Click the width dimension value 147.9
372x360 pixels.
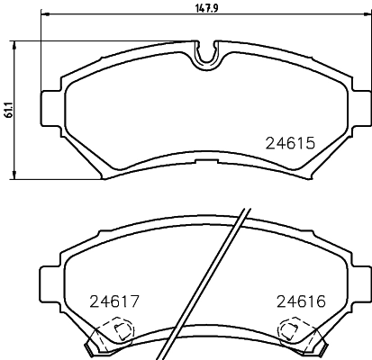(206, 8)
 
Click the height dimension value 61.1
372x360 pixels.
(9, 110)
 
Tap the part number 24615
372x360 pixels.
(290, 143)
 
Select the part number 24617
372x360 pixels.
(114, 301)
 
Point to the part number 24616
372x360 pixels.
(301, 301)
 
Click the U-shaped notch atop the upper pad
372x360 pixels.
(206, 55)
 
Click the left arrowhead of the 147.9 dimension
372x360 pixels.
(45, 13)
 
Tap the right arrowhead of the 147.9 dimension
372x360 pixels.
(367, 13)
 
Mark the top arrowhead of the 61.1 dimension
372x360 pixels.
(14, 46)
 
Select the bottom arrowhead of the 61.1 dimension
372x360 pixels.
(14, 175)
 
